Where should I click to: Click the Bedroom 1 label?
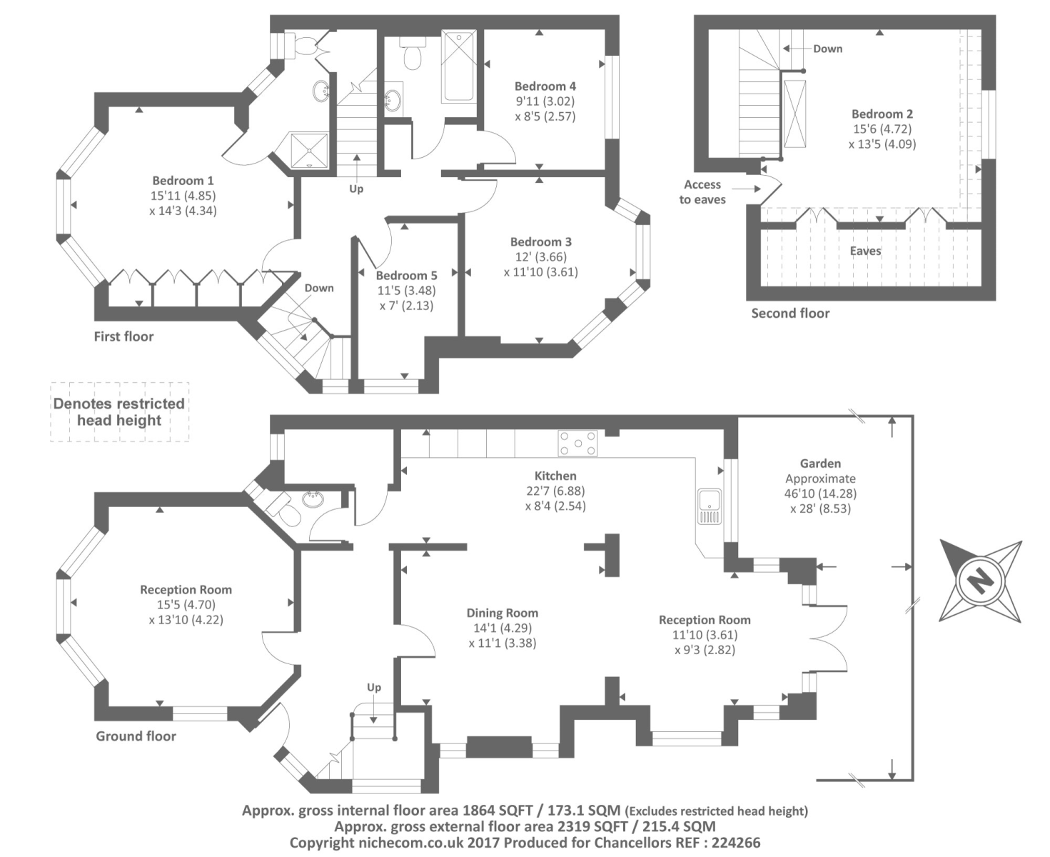coord(183,181)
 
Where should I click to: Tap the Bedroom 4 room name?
coord(545,86)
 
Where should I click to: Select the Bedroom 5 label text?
coord(406,276)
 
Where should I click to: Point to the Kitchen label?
coord(555,476)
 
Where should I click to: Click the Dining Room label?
coord(502,613)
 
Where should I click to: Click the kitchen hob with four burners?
coord(578,443)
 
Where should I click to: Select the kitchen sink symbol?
coord(710,506)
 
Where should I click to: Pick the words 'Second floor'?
coord(790,313)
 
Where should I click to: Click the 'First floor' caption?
coord(123,336)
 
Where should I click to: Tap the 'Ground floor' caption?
coord(136,736)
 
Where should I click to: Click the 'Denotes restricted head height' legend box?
coord(119,412)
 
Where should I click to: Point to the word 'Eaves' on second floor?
coord(865,251)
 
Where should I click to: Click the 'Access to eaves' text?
coord(702,192)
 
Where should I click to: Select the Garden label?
coord(820,463)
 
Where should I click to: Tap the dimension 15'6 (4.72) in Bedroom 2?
coord(882,129)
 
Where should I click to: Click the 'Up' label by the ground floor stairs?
coord(374,688)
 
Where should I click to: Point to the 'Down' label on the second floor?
coord(827,49)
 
